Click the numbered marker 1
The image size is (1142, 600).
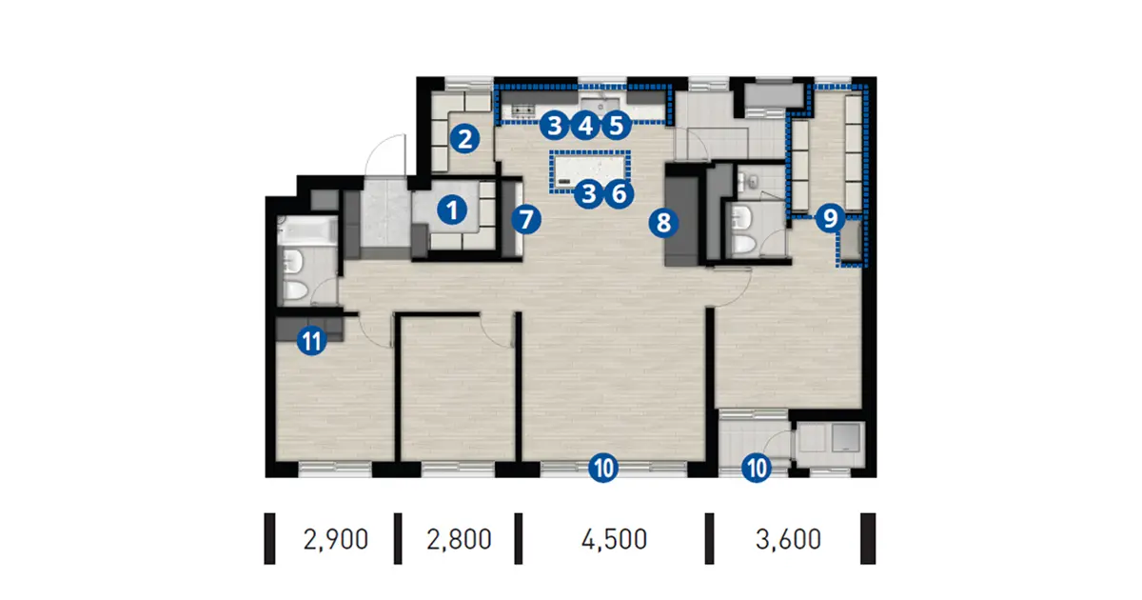point(452,210)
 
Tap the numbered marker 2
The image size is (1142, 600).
point(464,139)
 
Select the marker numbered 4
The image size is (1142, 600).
point(585,126)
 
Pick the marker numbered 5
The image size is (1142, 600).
point(616,126)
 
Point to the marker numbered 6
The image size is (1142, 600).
point(619,194)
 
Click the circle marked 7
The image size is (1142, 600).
point(525,219)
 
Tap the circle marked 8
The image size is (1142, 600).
point(663,223)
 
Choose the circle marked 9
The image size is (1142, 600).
point(830,218)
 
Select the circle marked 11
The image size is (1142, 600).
point(311,340)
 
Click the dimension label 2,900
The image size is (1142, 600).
point(335,539)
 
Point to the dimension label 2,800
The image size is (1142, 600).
point(459,539)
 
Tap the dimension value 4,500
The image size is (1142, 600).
point(614,539)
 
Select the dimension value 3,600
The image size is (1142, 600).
point(788,539)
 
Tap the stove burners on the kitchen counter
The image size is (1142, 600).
point(523,110)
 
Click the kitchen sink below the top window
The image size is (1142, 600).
point(601,104)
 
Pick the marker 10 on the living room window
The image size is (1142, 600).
point(603,468)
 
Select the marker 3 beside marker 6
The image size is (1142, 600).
point(589,194)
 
